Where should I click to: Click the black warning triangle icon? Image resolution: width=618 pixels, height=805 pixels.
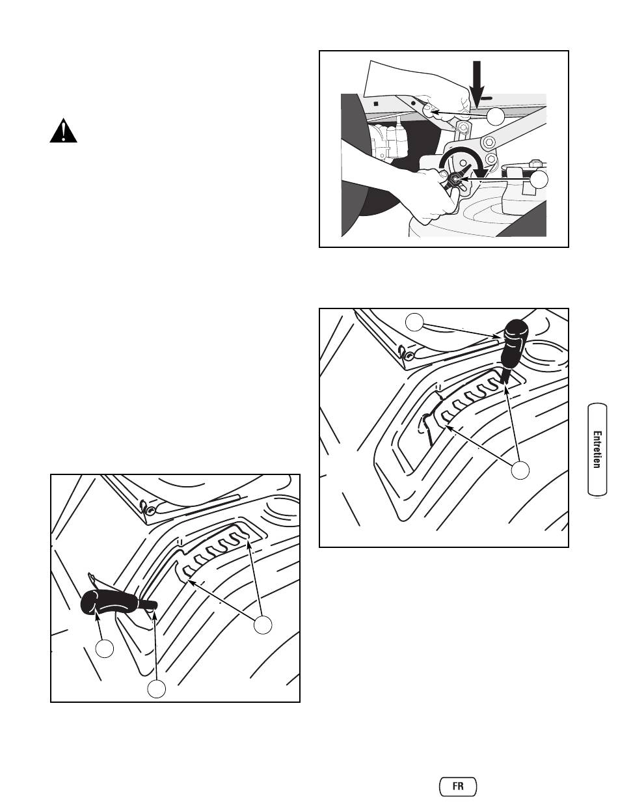(63, 131)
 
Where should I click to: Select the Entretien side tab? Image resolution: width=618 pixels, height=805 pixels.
(597, 450)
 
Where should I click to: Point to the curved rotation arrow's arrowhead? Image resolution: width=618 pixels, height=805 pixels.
(481, 172)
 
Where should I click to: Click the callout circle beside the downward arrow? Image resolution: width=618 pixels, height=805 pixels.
(496, 116)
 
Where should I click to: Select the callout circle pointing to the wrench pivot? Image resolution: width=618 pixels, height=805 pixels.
(539, 180)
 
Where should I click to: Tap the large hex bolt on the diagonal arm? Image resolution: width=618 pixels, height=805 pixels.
(487, 141)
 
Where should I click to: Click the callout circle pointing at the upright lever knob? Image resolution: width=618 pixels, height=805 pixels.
(414, 322)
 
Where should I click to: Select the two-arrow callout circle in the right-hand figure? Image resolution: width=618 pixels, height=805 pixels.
(520, 471)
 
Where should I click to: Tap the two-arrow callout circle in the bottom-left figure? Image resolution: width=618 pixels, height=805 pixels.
(263, 625)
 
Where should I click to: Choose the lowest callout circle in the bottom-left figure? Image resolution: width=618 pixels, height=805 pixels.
(157, 689)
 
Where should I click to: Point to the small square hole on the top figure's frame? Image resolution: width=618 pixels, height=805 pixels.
(376, 103)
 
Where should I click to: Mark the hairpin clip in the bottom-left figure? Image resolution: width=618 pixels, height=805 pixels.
(148, 507)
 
